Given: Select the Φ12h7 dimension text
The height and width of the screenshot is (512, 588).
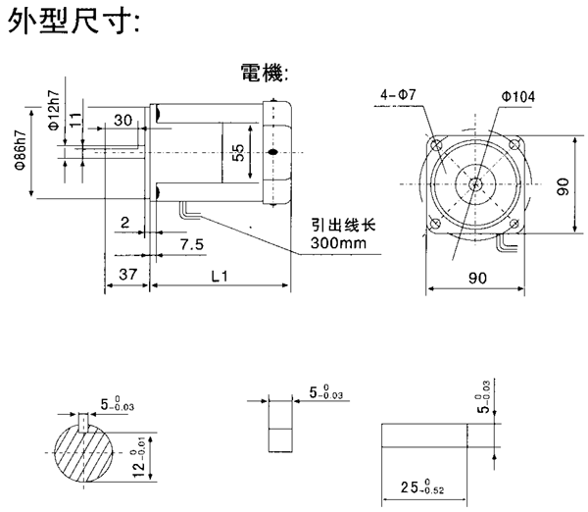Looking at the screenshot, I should tap(52, 111).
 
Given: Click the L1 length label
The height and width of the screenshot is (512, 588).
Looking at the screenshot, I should tap(220, 278).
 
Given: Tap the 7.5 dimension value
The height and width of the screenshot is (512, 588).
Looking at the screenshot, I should tap(192, 242).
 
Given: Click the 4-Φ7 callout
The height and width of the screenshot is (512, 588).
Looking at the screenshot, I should tap(398, 94).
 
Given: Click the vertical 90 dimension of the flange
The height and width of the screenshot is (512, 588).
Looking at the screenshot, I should tap(563, 186).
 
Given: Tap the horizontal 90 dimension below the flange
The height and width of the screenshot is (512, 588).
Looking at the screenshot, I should tap(477, 279).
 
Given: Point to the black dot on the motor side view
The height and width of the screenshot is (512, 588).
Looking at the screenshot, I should tap(272, 151).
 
